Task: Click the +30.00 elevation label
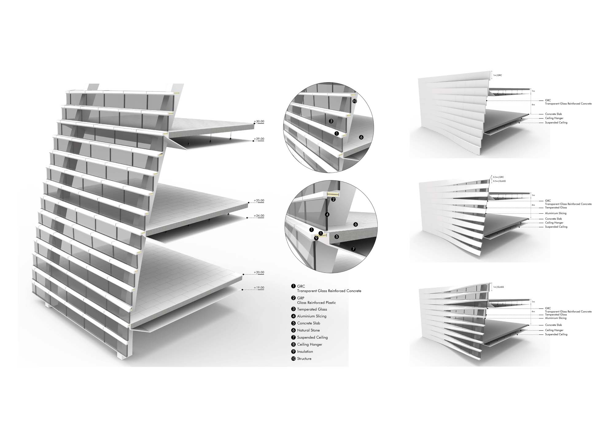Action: click(259, 122)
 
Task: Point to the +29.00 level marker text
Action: click(259, 139)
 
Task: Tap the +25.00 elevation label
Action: click(259, 201)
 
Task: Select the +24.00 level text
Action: click(259, 216)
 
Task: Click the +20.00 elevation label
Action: click(259, 273)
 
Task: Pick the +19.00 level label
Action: click(259, 288)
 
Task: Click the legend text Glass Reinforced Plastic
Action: click(317, 303)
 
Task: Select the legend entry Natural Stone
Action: click(309, 330)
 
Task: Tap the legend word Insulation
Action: click(305, 351)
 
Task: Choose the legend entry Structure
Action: click(304, 358)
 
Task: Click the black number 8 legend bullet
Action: click(293, 344)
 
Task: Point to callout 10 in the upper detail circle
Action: click(355, 101)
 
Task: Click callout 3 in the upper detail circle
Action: click(331, 121)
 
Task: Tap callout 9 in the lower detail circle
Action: click(316, 238)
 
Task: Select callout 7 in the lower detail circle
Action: click(353, 249)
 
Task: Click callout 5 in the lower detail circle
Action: click(337, 237)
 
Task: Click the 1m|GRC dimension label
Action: click(497, 75)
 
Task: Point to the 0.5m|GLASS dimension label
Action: click(499, 181)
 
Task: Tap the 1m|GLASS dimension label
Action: click(498, 287)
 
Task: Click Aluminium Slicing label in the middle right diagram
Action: click(556, 213)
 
